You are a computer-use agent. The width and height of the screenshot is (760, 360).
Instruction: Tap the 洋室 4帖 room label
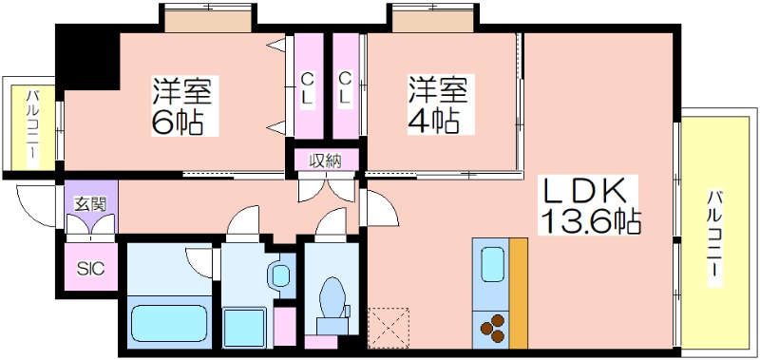[437, 106]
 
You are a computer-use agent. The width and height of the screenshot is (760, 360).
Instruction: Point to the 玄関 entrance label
[90, 202]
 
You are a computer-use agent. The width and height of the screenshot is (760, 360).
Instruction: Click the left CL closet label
[307, 88]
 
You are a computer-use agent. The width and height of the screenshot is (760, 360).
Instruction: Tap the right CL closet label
[345, 88]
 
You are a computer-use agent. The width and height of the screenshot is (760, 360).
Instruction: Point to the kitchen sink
[491, 260]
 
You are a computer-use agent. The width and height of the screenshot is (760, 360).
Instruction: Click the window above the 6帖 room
[207, 18]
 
